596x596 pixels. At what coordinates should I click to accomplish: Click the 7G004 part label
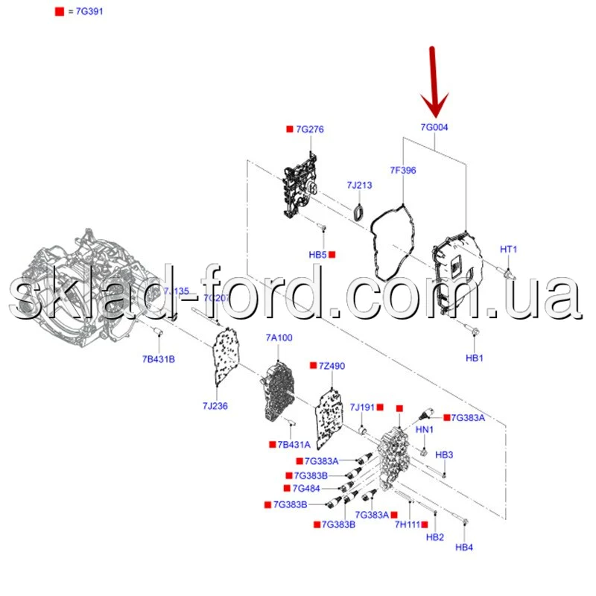[x=434, y=127]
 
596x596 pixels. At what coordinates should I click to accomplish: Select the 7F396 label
[x=403, y=171]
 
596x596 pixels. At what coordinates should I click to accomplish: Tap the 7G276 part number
[x=310, y=130]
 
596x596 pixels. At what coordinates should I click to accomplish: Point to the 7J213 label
[x=359, y=185]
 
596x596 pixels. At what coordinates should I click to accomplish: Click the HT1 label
[x=508, y=249]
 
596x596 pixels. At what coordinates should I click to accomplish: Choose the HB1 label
[x=475, y=358]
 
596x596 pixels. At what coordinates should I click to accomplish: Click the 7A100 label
[x=279, y=337]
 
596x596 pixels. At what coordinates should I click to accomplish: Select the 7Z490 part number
[x=332, y=366]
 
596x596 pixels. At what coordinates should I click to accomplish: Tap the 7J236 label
[x=215, y=405]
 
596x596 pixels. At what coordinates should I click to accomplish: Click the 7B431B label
[x=159, y=360]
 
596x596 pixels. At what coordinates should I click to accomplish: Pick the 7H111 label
[x=408, y=525]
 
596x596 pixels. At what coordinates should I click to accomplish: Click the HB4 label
[x=464, y=548]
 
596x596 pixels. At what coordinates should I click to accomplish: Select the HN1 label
[x=424, y=430]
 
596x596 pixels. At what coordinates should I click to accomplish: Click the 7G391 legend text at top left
[x=86, y=13]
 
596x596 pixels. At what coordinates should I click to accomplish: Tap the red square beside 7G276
[x=290, y=130]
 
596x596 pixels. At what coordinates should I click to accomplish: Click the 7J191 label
[x=363, y=407]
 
